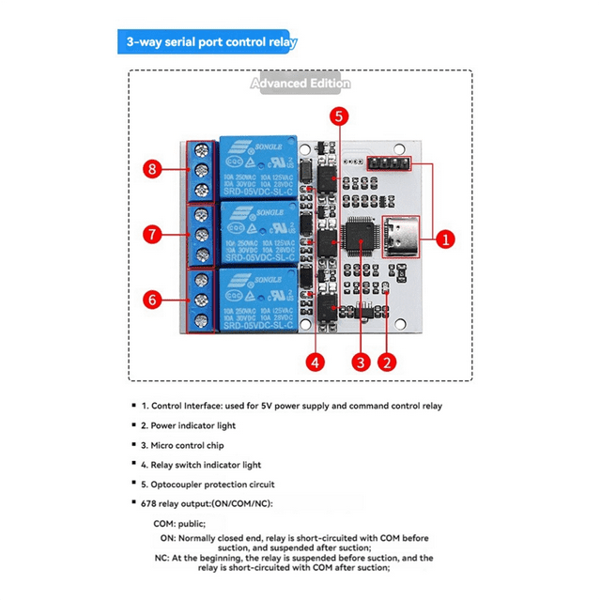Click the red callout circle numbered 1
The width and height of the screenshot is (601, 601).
[x=447, y=239]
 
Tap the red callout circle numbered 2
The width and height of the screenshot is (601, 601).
[x=386, y=361]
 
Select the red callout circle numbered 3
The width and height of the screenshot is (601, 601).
[x=359, y=361]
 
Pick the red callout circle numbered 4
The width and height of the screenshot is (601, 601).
[x=316, y=361]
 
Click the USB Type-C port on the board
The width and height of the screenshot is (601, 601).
[x=405, y=237]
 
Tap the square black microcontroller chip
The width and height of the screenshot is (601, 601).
[x=361, y=237]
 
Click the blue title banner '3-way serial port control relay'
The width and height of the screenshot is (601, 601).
[x=208, y=42]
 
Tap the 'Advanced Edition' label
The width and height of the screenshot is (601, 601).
[x=300, y=84]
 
